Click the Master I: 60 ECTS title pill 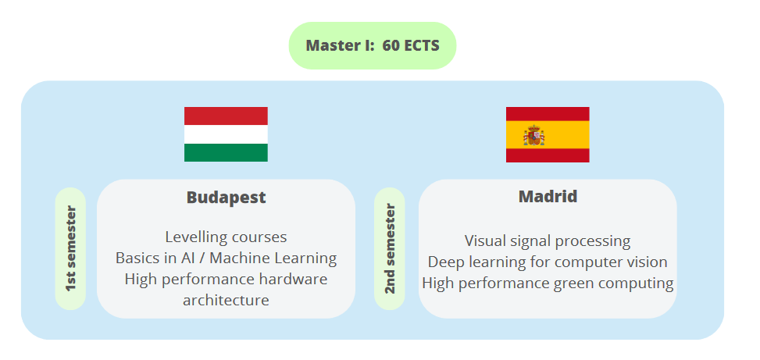click(372, 45)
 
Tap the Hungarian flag click(226, 134)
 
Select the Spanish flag click(548, 134)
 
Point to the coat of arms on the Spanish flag click(534, 134)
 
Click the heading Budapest click(226, 198)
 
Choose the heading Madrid click(548, 196)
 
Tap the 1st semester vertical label click(70, 248)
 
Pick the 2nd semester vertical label click(390, 248)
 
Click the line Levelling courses click(226, 237)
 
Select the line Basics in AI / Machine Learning click(226, 258)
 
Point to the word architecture click(226, 300)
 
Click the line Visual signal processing click(548, 241)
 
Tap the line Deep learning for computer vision click(548, 262)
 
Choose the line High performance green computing click(548, 283)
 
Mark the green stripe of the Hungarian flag click(226, 152)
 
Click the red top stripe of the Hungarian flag click(226, 116)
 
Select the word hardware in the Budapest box click(298, 279)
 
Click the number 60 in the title click(391, 45)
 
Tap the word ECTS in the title click(423, 45)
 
